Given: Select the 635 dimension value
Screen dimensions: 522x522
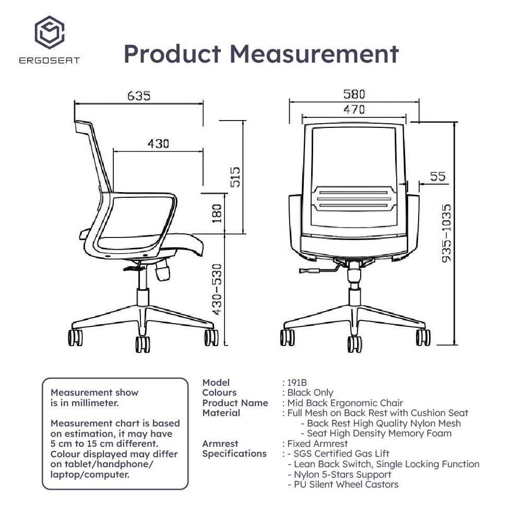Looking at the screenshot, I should (x=138, y=96).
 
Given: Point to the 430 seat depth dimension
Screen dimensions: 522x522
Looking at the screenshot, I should (x=158, y=144).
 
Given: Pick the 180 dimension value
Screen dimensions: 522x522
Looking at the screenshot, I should (x=217, y=214).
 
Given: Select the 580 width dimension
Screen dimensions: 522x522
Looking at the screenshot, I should (x=354, y=94).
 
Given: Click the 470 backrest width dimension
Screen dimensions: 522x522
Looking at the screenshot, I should (x=354, y=110).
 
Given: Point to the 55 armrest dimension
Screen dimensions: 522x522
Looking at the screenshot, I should (x=439, y=176).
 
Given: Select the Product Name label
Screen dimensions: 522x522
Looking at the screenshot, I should (x=235, y=403).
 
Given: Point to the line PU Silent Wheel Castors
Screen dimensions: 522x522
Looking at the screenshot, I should (x=342, y=484).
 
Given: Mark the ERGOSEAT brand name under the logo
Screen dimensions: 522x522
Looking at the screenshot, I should (x=49, y=61).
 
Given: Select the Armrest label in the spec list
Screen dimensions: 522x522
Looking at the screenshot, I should (x=220, y=444).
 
